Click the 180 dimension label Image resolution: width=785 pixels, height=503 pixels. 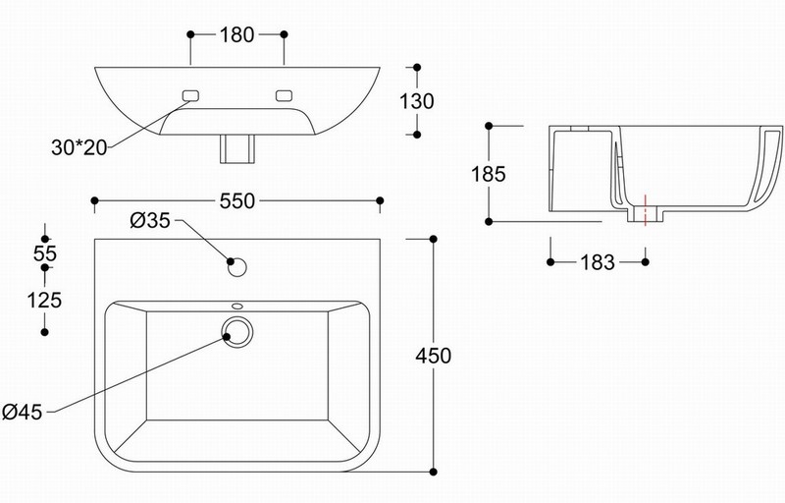coord(236,34)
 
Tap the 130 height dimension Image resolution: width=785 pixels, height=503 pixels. coord(416,101)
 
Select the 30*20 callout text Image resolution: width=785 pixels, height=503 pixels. coord(79,147)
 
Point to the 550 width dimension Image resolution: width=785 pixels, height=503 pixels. coord(237,200)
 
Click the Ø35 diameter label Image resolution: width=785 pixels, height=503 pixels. coord(150,220)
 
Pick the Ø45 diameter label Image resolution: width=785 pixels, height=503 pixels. coord(22,412)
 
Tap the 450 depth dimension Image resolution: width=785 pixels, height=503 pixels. coord(434,356)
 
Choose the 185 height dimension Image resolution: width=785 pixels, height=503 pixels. coord(489,174)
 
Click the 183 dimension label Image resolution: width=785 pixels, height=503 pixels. coord(598,262)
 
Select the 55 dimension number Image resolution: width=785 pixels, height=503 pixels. coord(45,253)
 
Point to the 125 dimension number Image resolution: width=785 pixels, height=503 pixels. coord(44,300)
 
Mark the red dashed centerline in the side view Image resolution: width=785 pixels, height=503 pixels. coord(646,210)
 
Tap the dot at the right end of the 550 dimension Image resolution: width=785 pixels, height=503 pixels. coord(380,200)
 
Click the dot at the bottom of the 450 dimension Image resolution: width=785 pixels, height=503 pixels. coord(434,472)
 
